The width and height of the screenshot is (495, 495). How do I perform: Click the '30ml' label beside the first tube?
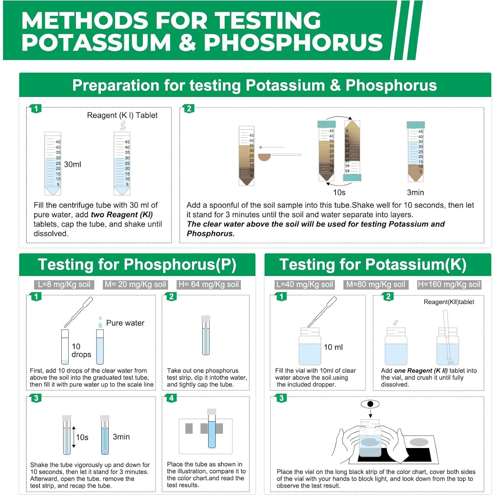click(72, 164)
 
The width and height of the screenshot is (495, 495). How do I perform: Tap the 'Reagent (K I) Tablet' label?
click(122, 115)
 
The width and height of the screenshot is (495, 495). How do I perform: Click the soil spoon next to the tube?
click(265, 157)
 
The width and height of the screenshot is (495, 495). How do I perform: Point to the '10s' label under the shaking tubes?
click(339, 193)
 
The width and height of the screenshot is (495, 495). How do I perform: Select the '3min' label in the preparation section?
click(415, 193)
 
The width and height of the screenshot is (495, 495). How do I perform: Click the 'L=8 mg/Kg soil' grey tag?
click(64, 285)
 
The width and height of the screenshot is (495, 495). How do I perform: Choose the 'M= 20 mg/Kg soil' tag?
click(135, 285)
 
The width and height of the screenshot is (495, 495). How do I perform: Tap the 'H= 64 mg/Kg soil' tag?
click(208, 285)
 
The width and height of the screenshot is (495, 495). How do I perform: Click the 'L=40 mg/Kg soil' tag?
click(305, 285)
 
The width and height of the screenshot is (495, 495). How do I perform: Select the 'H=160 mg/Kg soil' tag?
click(449, 285)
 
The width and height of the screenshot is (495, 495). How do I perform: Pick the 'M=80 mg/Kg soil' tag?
click(376, 285)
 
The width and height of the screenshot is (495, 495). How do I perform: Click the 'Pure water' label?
click(125, 323)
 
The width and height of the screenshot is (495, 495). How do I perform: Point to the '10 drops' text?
click(81, 350)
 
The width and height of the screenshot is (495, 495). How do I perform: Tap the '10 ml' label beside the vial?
click(333, 347)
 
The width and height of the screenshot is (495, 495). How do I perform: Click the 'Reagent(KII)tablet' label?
click(449, 302)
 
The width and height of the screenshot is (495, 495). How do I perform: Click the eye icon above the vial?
click(370, 404)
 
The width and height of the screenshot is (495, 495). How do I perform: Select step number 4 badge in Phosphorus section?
click(171, 398)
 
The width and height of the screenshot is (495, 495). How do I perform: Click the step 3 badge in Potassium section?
click(281, 398)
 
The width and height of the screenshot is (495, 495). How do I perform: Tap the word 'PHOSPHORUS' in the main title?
click(293, 42)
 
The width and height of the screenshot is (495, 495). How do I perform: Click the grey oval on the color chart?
click(419, 442)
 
